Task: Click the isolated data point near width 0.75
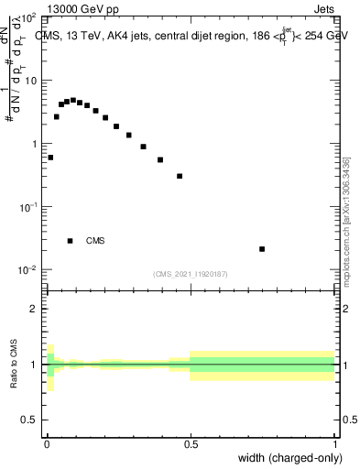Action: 262,249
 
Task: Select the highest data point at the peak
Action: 73,100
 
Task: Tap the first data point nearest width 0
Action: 50,158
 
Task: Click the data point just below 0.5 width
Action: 180,176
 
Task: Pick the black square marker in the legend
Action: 71,241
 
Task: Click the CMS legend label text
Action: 95,242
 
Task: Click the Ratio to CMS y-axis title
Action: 16,365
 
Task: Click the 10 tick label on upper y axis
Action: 31,81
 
